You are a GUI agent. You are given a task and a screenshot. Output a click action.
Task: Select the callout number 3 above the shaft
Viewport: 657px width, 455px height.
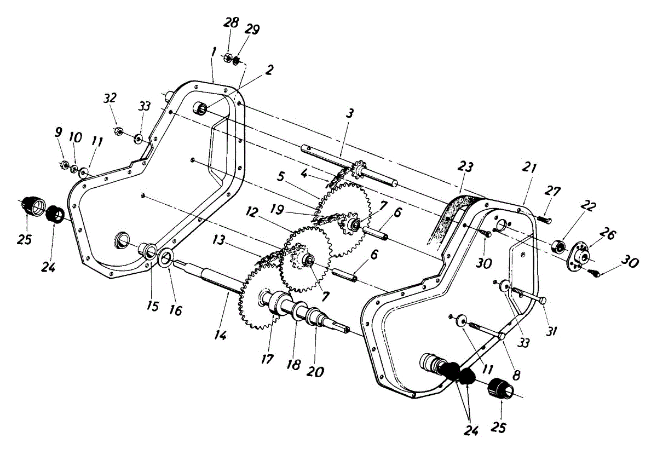pyautogui.click(x=349, y=114)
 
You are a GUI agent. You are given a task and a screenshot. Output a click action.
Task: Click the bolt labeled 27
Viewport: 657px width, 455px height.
pyautogui.click(x=544, y=219)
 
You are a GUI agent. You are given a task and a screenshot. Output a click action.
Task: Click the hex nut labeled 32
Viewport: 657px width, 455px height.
pyautogui.click(x=118, y=130)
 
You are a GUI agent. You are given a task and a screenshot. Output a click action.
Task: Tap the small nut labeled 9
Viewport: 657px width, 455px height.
pyautogui.click(x=64, y=164)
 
